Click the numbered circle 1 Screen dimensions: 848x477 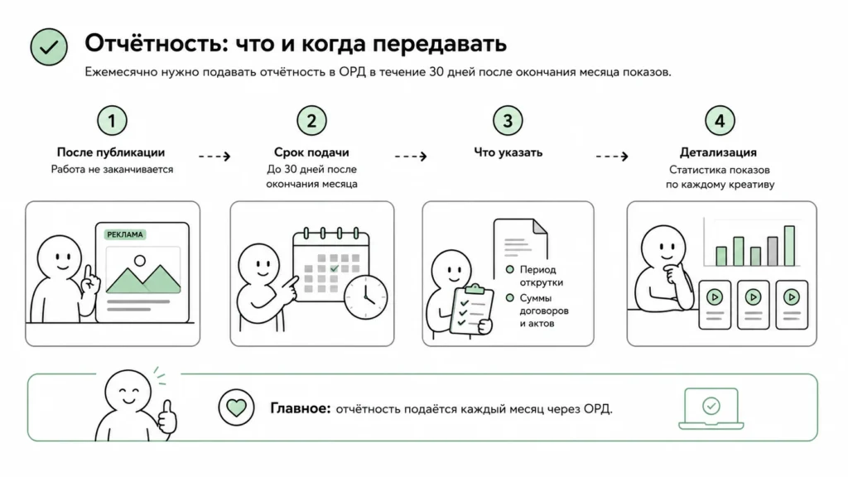(x=112, y=121)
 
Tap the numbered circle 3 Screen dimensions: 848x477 (x=508, y=121)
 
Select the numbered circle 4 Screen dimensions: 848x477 (x=720, y=121)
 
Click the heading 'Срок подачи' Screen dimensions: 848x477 (x=311, y=152)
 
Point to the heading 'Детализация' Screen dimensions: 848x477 (x=718, y=152)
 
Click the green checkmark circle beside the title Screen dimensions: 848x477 (x=49, y=47)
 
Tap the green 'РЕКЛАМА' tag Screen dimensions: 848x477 (x=125, y=234)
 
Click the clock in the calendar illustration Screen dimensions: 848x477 (x=365, y=297)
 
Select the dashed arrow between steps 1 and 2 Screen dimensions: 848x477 (x=214, y=157)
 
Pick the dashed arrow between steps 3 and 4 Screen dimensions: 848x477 (x=612, y=157)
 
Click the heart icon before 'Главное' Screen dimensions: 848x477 (x=236, y=407)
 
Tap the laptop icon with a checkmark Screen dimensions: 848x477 (x=711, y=409)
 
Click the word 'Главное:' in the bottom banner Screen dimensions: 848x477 (x=300, y=408)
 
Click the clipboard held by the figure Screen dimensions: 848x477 (x=471, y=311)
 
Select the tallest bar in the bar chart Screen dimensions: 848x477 (x=789, y=246)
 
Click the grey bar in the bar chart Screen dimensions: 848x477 (x=773, y=252)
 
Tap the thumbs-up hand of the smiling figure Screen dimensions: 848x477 (x=167, y=416)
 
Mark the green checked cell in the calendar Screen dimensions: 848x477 (x=334, y=269)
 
